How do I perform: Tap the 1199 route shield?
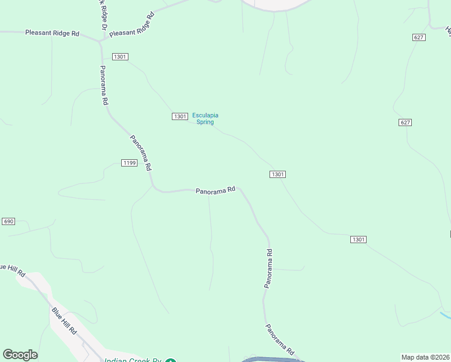tap(129, 163)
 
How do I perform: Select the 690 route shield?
tap(8, 221)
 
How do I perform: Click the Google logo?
tap(20, 355)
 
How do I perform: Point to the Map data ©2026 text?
tap(425, 357)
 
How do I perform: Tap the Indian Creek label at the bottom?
tap(133, 360)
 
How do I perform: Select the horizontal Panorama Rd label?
tap(215, 191)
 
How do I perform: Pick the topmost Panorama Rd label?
tap(105, 85)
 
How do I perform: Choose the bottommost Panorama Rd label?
tap(280, 340)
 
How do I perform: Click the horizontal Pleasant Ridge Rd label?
tap(52, 33)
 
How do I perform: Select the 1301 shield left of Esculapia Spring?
tap(179, 116)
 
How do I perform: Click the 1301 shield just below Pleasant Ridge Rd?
tap(119, 57)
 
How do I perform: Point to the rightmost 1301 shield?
tap(358, 240)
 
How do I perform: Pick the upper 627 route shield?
tap(419, 37)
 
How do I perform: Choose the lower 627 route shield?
tap(405, 122)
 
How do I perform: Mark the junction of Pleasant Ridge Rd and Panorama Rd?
tap(101, 42)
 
